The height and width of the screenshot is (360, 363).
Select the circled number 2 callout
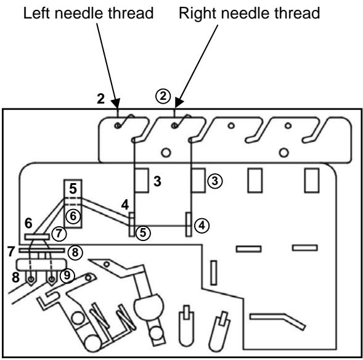pyautogui.click(x=161, y=97)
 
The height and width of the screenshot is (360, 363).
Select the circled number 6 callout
pyautogui.click(x=73, y=216)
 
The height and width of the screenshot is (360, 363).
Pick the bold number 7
pyautogui.click(x=10, y=251)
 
